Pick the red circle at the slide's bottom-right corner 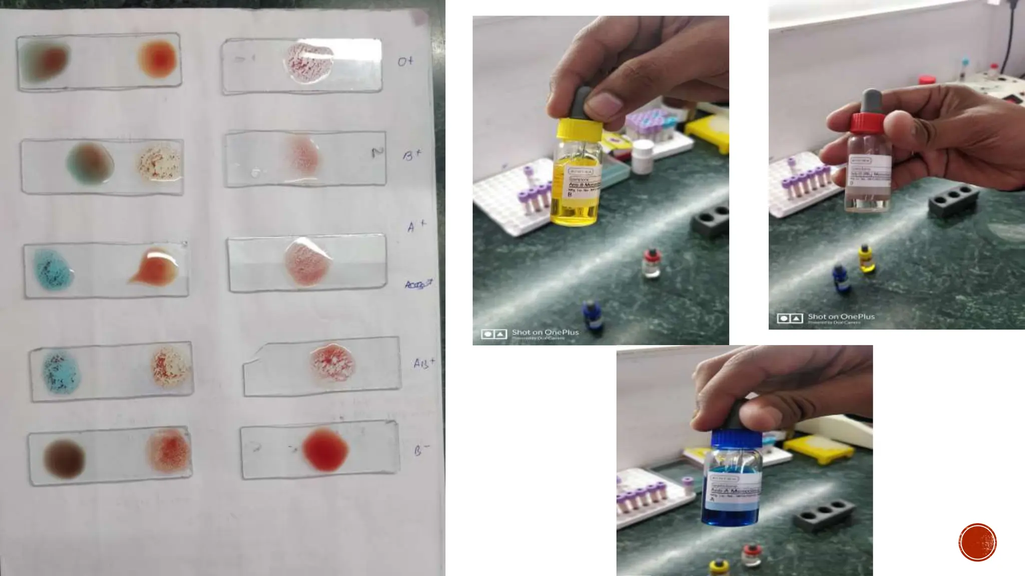tap(977, 542)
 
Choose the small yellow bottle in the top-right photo tap(866, 258)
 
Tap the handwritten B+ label tap(412, 155)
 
